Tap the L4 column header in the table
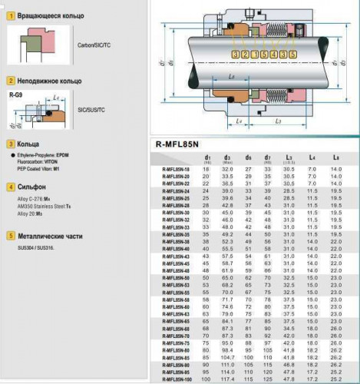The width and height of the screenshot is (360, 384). pyautogui.click(x=311, y=159)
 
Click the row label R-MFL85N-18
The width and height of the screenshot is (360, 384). pyautogui.click(x=176, y=170)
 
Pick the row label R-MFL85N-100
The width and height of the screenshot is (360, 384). pyautogui.click(x=177, y=379)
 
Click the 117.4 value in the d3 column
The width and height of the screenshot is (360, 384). pyautogui.click(x=227, y=379)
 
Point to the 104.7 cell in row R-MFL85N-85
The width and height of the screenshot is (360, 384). pyautogui.click(x=227, y=358)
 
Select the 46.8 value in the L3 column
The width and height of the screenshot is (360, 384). pyautogui.click(x=289, y=365)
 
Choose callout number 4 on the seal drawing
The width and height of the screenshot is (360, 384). pyautogui.click(x=282, y=55)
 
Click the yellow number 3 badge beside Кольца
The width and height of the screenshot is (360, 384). pyautogui.click(x=10, y=144)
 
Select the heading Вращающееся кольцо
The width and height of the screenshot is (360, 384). pyautogui.click(x=45, y=15)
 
